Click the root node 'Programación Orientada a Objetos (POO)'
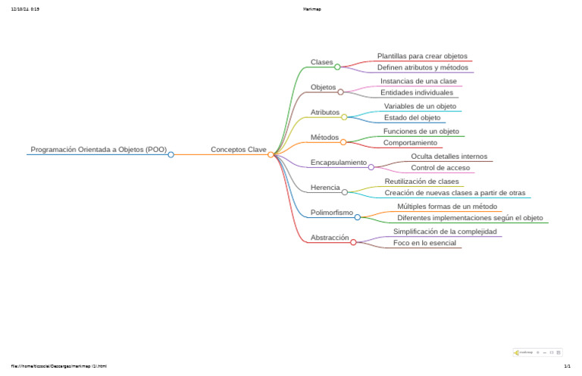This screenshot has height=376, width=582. point(99,150)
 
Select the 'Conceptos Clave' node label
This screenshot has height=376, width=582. point(238,150)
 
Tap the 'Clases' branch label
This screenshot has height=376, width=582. point(321,62)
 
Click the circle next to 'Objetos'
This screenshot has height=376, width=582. point(340,92)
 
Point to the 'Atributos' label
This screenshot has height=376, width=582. point(325,112)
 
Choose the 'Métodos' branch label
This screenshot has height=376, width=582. point(324,137)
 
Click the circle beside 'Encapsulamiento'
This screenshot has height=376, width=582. point(371,167)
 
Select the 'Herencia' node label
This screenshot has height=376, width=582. point(325,187)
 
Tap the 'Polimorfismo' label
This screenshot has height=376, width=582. point(332,213)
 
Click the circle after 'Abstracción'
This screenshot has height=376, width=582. point(353,242)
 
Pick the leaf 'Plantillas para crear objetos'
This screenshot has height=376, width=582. point(422,56)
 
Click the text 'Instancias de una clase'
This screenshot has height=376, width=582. point(418,81)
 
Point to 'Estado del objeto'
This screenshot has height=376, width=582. point(412,118)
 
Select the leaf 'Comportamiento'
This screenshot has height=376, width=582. point(410,143)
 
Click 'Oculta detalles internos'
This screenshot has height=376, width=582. point(449,156)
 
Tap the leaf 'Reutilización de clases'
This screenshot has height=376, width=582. point(421,182)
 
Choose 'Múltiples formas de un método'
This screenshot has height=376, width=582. point(447,206)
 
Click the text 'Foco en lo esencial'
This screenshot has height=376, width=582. point(424,243)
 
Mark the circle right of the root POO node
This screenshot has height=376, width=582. point(171,154)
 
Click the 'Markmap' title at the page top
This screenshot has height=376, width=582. point(290,9)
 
